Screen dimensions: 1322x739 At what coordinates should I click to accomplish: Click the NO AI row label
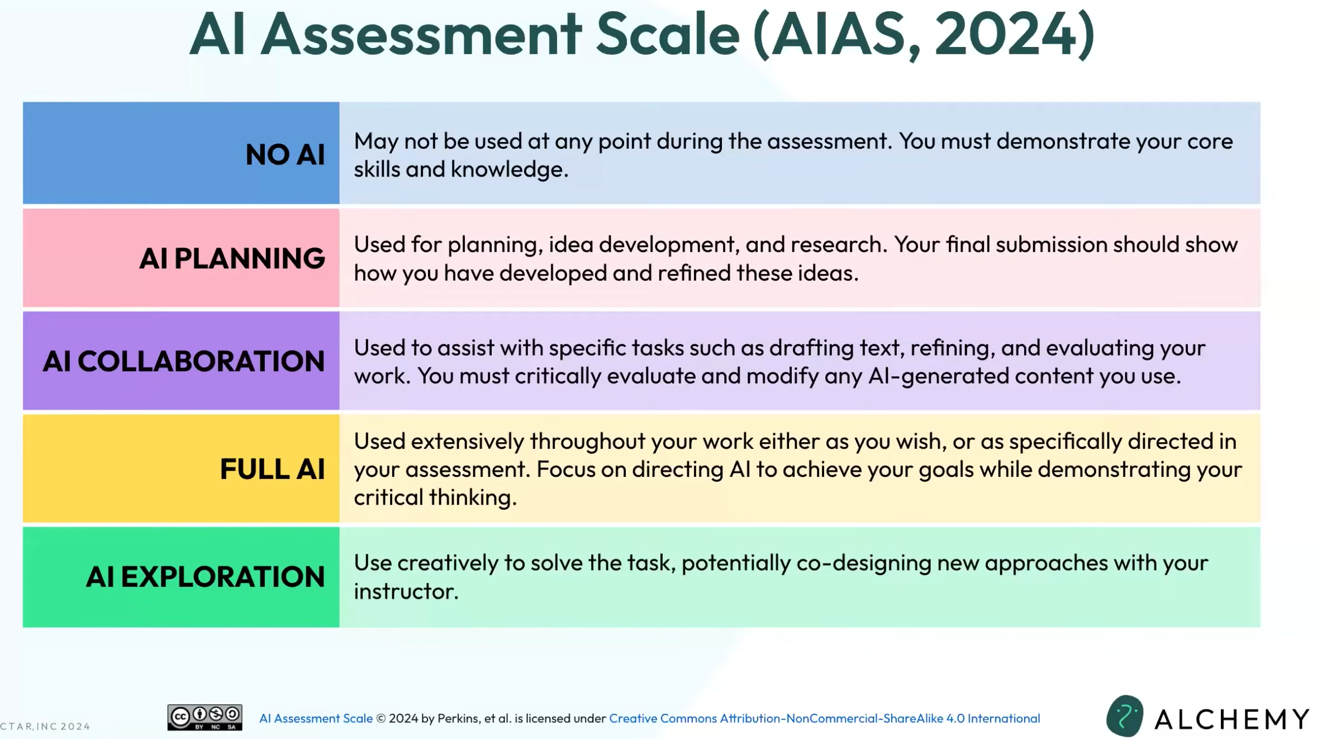coord(285,154)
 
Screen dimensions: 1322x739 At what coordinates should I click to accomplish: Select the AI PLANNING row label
coord(232,258)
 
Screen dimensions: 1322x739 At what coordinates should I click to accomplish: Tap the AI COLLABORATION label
coord(184,361)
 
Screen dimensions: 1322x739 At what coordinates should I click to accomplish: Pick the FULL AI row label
coord(272,469)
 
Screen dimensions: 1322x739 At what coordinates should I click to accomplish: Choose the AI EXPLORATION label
coord(205,577)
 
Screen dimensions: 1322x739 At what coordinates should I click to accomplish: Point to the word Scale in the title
coord(668,35)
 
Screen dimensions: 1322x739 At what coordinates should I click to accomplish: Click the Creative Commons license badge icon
coord(205,718)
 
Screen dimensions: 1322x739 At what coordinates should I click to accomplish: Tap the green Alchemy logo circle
coord(1125,716)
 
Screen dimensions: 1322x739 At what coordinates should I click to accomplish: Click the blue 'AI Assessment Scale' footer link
coord(316,718)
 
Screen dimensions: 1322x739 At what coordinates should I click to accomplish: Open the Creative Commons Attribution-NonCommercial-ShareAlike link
coord(824,718)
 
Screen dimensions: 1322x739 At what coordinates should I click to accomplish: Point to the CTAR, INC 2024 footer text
coord(45,726)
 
